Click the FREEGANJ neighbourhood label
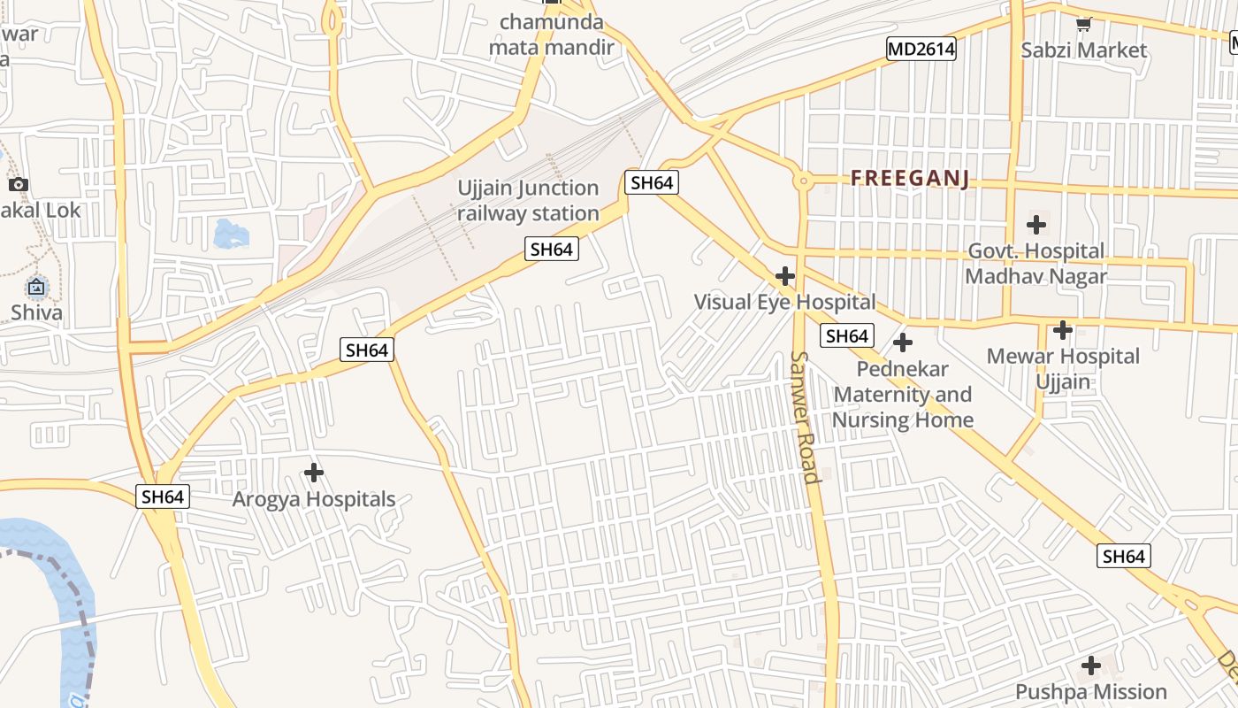909,179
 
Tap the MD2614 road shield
921,50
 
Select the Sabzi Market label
1083,50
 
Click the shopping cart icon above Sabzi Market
1083,25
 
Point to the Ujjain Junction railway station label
528,201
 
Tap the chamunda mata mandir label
552,35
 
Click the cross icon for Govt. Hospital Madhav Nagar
1035,225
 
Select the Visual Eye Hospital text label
784,302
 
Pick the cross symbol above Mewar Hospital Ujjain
1062,330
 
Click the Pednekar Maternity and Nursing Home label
903,395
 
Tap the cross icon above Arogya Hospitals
313,473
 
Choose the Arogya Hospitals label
313,499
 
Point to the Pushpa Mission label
1091,691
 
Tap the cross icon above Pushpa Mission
1091,666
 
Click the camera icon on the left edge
18,185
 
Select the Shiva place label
36,312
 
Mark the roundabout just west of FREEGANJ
803,181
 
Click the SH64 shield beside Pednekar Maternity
846,336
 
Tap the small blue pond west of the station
231,234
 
